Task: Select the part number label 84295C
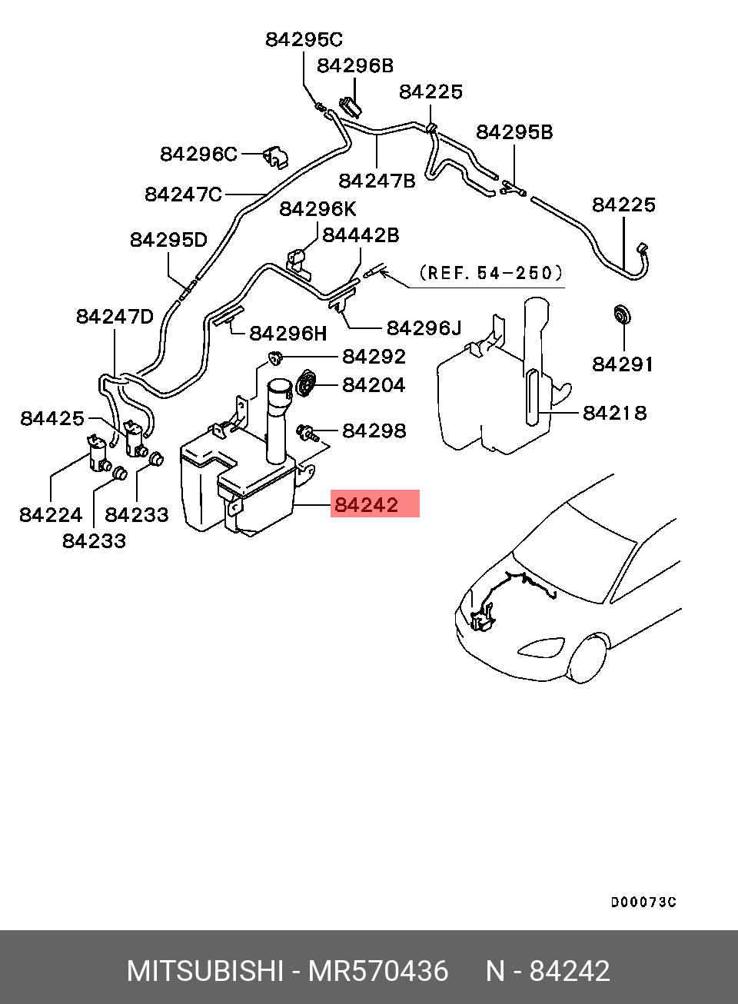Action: click(304, 39)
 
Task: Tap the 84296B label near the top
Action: click(355, 65)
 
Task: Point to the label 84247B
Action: click(377, 180)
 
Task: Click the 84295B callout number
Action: click(514, 132)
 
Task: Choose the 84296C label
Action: click(198, 154)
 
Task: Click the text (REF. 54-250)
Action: click(491, 273)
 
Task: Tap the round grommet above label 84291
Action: click(621, 314)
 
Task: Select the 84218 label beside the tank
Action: click(614, 413)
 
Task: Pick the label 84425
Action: click(52, 418)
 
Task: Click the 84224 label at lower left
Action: click(51, 514)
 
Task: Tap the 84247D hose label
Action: click(115, 316)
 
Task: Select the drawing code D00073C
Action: click(643, 902)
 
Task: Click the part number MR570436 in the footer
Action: click(377, 971)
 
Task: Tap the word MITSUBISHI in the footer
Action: click(204, 971)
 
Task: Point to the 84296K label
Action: click(317, 209)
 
